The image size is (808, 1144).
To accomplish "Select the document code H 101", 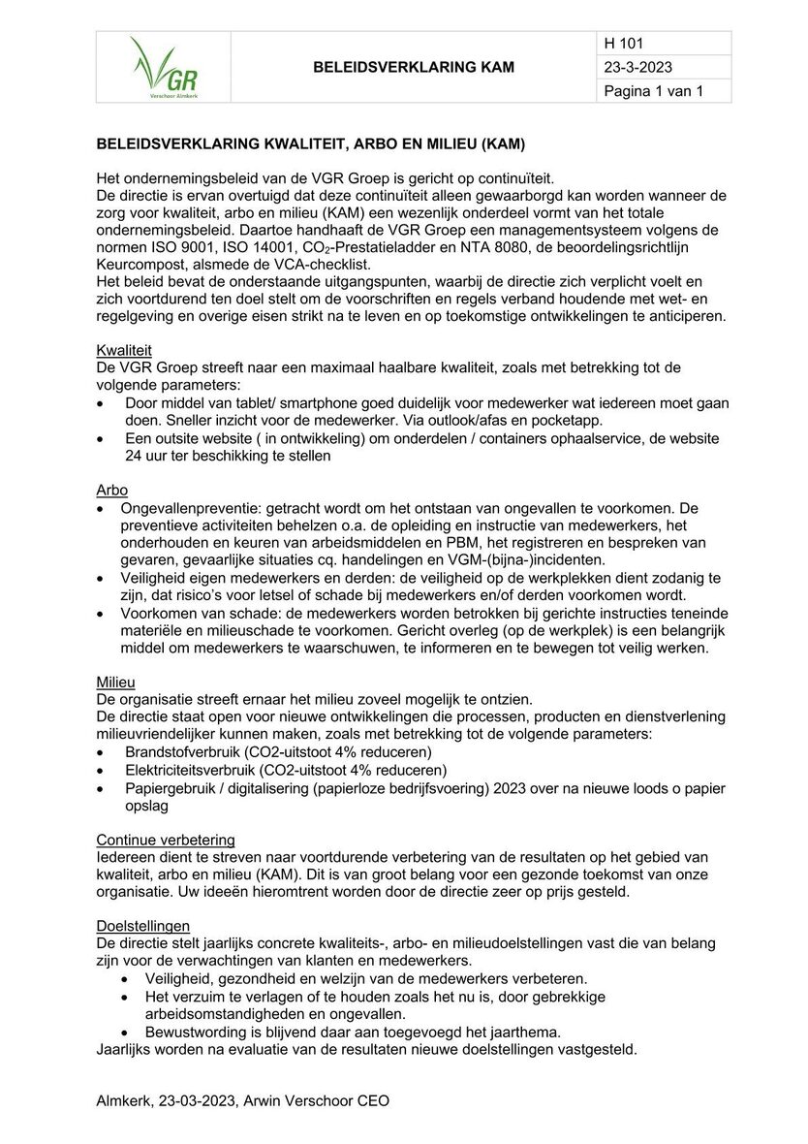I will (x=624, y=44).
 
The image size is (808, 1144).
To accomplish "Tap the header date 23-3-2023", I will (x=637, y=68).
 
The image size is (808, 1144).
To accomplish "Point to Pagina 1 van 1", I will (x=652, y=91).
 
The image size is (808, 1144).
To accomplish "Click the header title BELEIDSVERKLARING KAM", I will (x=414, y=67).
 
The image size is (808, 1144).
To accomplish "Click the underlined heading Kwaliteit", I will (x=124, y=349).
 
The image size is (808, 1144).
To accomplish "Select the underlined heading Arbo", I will (x=112, y=490).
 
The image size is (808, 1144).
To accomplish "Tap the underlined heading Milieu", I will (x=116, y=683).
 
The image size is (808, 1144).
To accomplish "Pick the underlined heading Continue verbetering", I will (x=166, y=840).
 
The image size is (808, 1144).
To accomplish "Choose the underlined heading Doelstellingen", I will (x=143, y=926).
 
